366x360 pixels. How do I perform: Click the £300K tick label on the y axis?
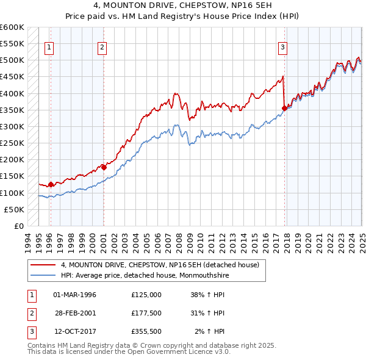click(x=12, y=127)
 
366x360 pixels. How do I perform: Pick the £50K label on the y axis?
click(x=14, y=209)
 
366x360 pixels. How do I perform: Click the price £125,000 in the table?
click(x=146, y=295)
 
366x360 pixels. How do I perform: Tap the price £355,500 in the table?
click(x=146, y=333)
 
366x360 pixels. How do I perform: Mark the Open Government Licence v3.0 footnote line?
click(x=129, y=352)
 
